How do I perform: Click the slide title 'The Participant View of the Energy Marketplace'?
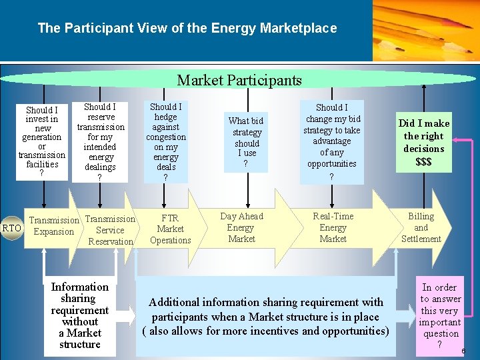click(x=187, y=28)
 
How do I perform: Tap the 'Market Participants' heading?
click(x=239, y=81)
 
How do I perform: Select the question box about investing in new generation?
click(x=42, y=141)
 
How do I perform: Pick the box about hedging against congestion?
click(x=165, y=141)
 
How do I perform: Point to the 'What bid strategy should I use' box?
click(x=246, y=141)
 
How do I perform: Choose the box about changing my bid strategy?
click(x=331, y=142)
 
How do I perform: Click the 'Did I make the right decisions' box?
click(x=423, y=141)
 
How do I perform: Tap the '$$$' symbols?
click(x=423, y=162)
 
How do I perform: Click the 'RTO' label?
click(x=12, y=229)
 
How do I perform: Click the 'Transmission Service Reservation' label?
click(x=110, y=230)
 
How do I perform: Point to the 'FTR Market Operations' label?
click(x=170, y=229)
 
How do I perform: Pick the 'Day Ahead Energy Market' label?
click(x=241, y=227)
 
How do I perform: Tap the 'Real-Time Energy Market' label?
click(x=333, y=227)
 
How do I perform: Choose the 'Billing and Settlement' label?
click(x=421, y=227)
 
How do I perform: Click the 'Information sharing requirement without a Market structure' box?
click(x=79, y=315)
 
